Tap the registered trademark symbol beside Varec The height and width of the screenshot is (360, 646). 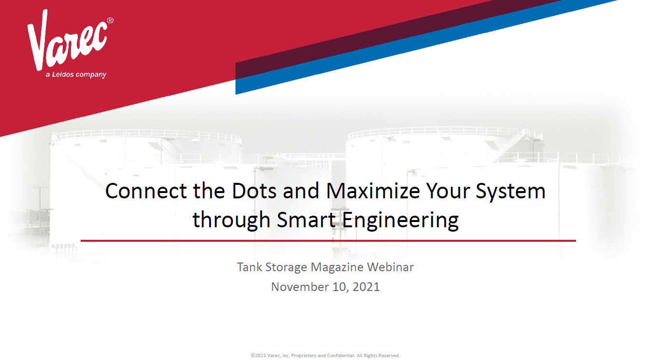pyautogui.click(x=110, y=21)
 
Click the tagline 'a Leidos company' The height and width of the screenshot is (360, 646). pyautogui.click(x=76, y=75)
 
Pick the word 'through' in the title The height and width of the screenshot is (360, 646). pyautogui.click(x=231, y=221)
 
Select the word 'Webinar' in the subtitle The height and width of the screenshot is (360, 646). pyautogui.click(x=390, y=267)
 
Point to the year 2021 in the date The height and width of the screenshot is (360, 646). pyautogui.click(x=366, y=287)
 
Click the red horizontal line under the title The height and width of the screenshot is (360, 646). pyautogui.click(x=328, y=240)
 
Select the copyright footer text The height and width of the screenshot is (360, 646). pyautogui.click(x=325, y=356)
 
